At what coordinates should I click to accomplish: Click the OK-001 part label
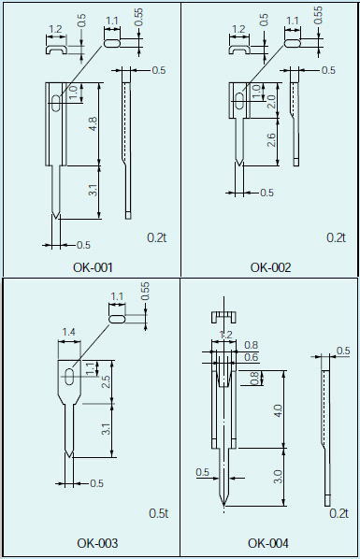tap(93, 267)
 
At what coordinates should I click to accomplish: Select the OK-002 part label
tap(270, 267)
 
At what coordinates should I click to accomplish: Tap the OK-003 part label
tap(97, 543)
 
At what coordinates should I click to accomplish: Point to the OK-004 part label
tap(268, 543)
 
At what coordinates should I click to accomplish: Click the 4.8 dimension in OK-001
tap(93, 123)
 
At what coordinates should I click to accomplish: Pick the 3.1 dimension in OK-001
tap(93, 190)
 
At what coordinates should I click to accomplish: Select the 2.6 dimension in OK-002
tap(271, 140)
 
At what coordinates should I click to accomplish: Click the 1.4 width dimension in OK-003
tap(69, 332)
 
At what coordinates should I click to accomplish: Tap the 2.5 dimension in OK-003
tap(106, 381)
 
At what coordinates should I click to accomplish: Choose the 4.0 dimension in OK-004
tap(279, 410)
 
